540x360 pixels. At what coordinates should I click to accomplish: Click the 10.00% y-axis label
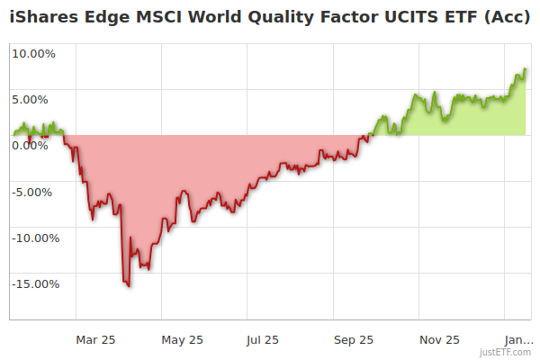pyautogui.click(x=33, y=53)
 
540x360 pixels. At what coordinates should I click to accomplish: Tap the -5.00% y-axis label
pyautogui.click(x=34, y=192)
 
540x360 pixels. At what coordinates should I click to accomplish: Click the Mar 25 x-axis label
pyautogui.click(x=96, y=339)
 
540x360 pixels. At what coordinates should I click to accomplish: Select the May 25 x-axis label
pyautogui.click(x=183, y=339)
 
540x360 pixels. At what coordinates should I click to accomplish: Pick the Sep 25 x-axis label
pyautogui.click(x=353, y=339)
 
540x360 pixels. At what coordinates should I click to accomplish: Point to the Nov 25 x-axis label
pyautogui.click(x=439, y=339)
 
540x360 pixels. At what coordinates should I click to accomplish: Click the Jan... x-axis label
pyautogui.click(x=517, y=339)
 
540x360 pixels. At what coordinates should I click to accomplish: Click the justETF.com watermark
pyautogui.click(x=505, y=353)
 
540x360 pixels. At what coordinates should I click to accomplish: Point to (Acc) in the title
pyautogui.click(x=506, y=15)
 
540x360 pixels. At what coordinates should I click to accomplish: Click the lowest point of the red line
pyautogui.click(x=129, y=286)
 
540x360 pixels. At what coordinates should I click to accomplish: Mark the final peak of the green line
pyautogui.click(x=525, y=69)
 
